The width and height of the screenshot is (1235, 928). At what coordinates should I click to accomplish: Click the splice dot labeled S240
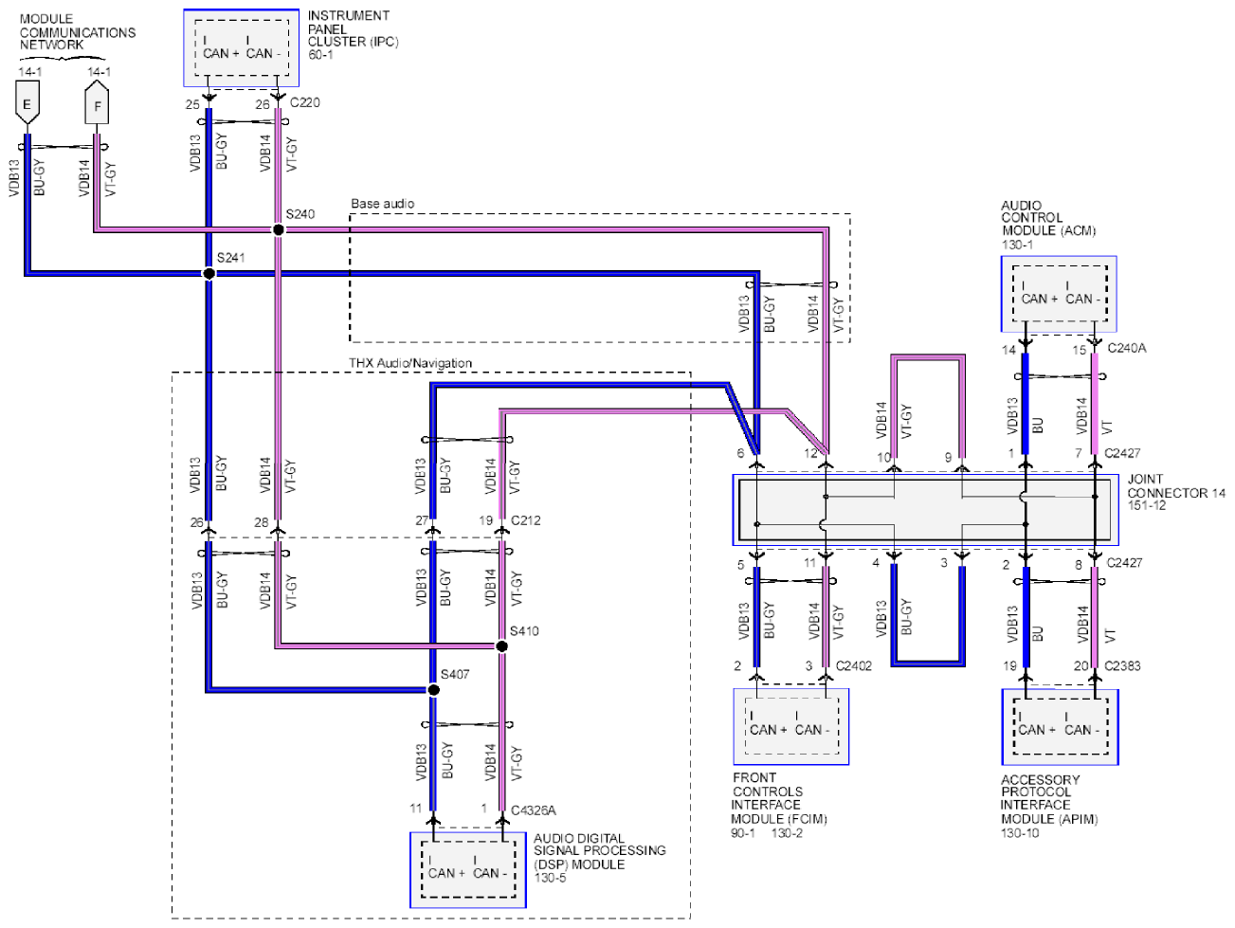click(x=278, y=229)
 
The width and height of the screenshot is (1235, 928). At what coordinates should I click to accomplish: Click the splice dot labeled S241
click(x=209, y=273)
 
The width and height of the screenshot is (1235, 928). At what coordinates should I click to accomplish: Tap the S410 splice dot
click(x=502, y=646)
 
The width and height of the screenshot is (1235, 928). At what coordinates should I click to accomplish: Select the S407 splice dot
click(x=433, y=689)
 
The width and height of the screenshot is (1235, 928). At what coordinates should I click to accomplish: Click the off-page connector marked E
click(x=27, y=102)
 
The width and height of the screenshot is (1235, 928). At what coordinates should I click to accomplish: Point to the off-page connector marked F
click(x=97, y=102)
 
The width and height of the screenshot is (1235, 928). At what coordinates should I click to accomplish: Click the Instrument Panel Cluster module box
click(x=242, y=48)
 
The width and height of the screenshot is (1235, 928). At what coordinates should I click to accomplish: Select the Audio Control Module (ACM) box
click(x=1059, y=294)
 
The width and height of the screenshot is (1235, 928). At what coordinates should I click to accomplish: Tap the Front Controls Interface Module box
click(x=791, y=727)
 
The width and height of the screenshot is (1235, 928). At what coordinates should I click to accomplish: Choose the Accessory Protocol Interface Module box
click(x=1060, y=727)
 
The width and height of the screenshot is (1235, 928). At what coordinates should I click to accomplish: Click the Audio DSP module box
click(x=468, y=870)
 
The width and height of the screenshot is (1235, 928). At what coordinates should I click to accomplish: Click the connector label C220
click(x=305, y=103)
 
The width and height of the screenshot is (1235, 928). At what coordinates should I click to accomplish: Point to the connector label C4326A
click(x=534, y=810)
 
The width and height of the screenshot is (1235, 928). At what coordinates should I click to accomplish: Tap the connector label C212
click(x=525, y=520)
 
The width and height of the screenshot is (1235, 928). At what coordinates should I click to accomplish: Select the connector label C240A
click(x=1126, y=348)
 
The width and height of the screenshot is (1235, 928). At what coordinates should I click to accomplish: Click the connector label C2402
click(x=854, y=666)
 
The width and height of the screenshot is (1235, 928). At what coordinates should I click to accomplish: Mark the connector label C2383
click(x=1122, y=666)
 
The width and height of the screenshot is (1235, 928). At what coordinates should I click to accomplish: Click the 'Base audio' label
click(x=383, y=204)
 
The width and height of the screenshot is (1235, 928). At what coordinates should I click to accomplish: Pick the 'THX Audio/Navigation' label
click(x=410, y=363)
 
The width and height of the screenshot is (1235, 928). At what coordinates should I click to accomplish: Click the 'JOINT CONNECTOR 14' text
click(x=1176, y=486)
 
